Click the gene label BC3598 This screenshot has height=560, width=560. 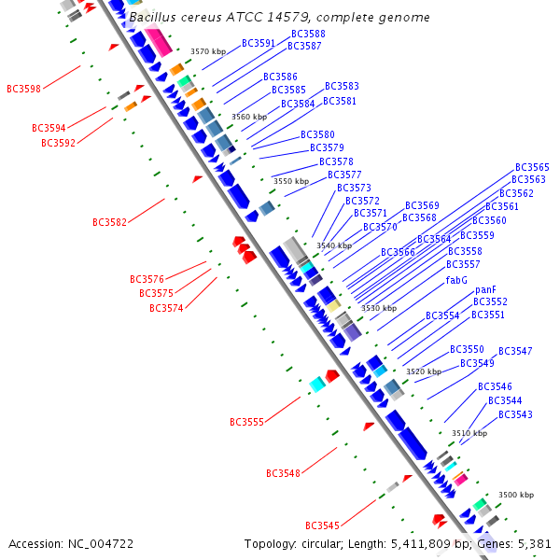(x=23, y=89)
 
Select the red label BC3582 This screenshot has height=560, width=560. (x=109, y=222)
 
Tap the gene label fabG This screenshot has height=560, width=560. (x=456, y=280)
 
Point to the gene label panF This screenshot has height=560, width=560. (x=485, y=289)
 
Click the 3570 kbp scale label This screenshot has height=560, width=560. (x=207, y=52)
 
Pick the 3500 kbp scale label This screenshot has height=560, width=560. (x=515, y=495)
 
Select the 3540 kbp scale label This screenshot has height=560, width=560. (x=333, y=245)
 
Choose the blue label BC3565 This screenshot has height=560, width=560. (x=531, y=167)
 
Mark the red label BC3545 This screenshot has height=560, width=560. (x=322, y=525)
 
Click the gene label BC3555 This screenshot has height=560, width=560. (x=246, y=422)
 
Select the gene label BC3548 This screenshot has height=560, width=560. (x=283, y=473)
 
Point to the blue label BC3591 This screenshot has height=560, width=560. (x=259, y=43)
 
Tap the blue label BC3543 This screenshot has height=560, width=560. (x=515, y=413)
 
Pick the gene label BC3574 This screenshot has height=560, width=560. (x=166, y=308)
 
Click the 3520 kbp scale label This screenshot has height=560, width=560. (x=423, y=371)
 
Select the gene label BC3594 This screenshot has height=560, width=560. (x=49, y=128)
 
